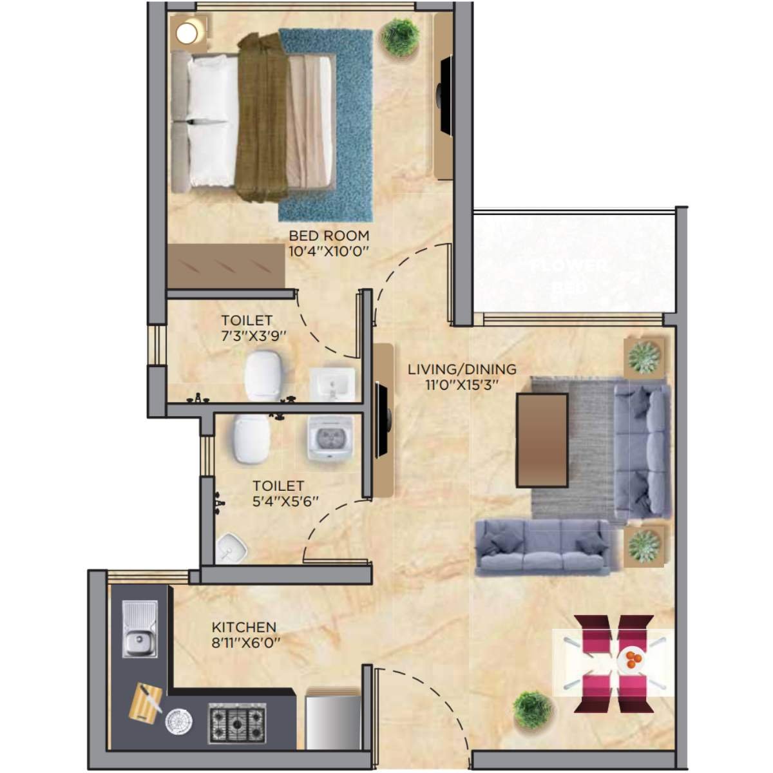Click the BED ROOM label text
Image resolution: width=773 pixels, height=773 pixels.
pyautogui.click(x=329, y=236)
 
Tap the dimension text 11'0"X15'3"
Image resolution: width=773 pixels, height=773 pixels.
pyautogui.click(x=463, y=385)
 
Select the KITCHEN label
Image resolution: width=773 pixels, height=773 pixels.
pyautogui.click(x=244, y=627)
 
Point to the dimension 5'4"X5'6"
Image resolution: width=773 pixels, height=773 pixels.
pyautogui.click(x=285, y=501)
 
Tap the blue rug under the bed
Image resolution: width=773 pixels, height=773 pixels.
pyautogui.click(x=348, y=193)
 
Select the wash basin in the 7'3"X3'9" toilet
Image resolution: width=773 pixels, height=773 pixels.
pyautogui.click(x=332, y=385)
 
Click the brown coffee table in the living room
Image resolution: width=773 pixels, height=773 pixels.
pyautogui.click(x=542, y=440)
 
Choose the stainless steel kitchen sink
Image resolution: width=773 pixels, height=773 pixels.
pyautogui.click(x=139, y=629)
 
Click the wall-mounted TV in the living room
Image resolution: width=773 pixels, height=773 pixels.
pyautogui.click(x=381, y=421)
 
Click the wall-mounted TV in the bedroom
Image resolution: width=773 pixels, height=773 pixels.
pyautogui.click(x=444, y=96)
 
